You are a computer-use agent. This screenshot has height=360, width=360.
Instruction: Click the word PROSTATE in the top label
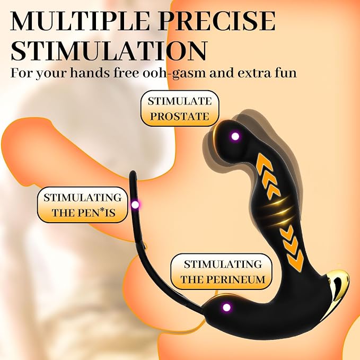pyautogui.click(x=180, y=117)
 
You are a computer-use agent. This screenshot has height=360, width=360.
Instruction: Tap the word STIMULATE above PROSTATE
pyautogui.click(x=180, y=101)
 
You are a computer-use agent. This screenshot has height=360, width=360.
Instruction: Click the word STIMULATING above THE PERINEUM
pyautogui.click(x=223, y=265)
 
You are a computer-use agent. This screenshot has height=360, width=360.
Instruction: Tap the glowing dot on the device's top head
pyautogui.click(x=235, y=136)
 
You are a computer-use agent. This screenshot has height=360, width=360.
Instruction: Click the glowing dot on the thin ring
pyautogui.click(x=135, y=204)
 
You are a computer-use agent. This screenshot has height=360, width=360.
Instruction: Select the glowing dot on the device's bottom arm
pyautogui.click(x=226, y=307)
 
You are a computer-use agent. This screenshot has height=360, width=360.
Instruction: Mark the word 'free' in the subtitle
pyautogui.click(x=126, y=73)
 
